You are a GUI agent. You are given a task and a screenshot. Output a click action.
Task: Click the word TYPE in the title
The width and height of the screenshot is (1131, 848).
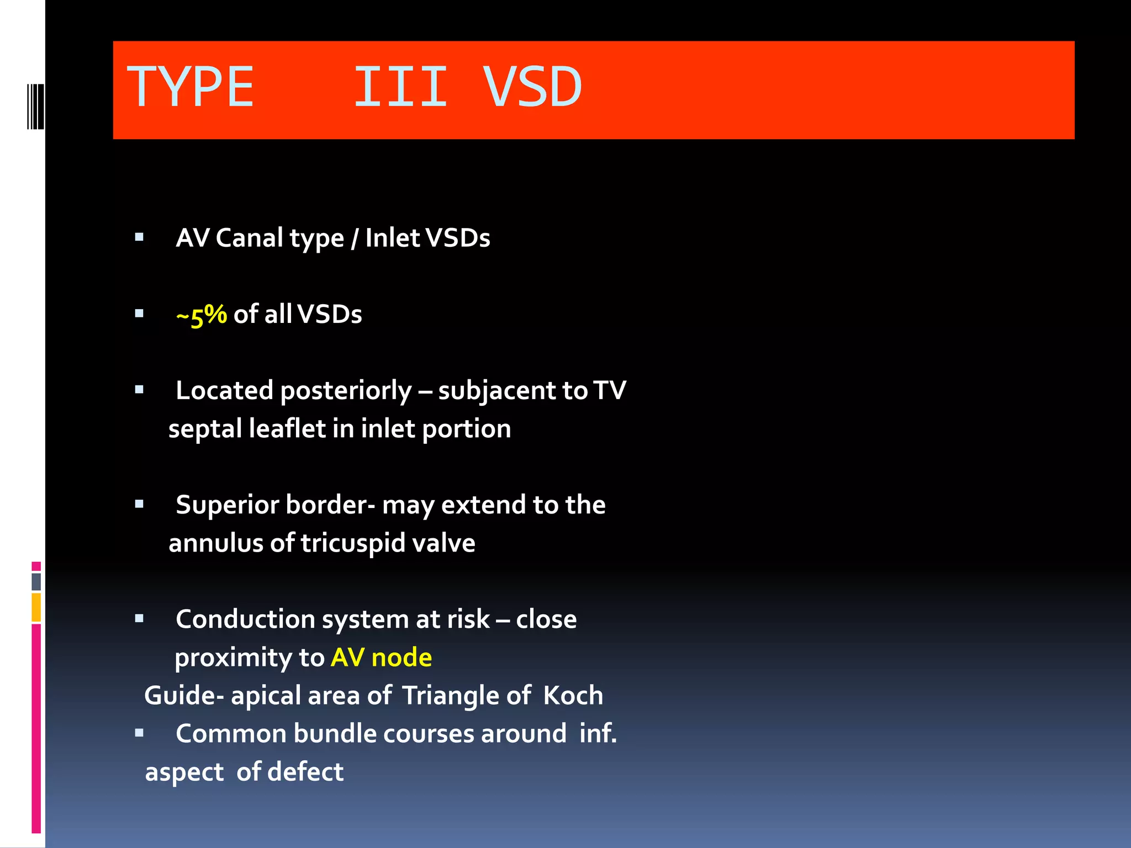(191, 87)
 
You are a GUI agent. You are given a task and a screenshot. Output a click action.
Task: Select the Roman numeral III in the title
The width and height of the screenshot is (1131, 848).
(400, 87)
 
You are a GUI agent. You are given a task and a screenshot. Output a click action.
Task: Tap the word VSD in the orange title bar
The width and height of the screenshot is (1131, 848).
(532, 87)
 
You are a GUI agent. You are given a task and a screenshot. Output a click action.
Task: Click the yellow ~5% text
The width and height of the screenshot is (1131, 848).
(201, 315)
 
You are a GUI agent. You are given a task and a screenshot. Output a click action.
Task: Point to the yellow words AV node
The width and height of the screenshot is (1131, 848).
(381, 658)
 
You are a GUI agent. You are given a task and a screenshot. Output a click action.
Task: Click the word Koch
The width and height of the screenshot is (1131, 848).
(573, 696)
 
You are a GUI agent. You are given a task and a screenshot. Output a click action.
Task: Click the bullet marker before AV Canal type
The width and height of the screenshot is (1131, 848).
(139, 237)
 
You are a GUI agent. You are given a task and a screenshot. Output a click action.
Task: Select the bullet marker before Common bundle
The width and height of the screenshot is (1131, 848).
(139, 733)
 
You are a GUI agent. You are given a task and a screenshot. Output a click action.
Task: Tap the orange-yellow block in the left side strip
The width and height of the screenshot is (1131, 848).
(36, 607)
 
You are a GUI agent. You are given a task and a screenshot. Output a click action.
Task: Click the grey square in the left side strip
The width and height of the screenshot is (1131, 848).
(36, 581)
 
